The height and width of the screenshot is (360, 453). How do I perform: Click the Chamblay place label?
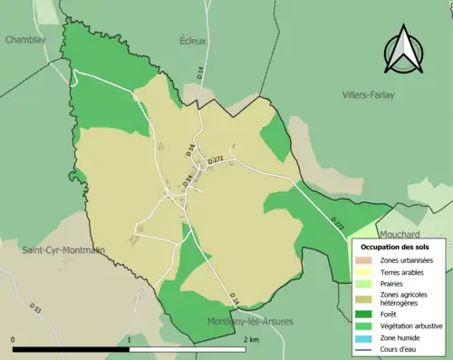point(25,40)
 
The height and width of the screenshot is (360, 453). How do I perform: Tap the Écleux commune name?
point(193,41)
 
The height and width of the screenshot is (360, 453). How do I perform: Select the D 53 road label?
point(37,310)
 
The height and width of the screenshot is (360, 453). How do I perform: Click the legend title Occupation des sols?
point(395,247)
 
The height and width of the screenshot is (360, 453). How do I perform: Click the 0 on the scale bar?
point(13,339)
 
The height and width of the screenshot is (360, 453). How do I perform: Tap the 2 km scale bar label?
point(253,339)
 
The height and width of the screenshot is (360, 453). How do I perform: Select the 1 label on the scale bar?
point(131,339)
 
